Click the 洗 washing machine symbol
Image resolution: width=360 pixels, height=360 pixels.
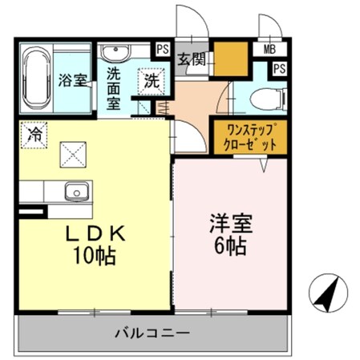(x=151, y=79)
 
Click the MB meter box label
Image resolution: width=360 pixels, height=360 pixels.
(x=269, y=49)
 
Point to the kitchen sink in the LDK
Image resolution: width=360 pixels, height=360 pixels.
(x=76, y=193)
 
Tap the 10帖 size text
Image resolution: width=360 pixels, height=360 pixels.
(x=96, y=257)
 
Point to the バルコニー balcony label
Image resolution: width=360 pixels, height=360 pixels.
(x=151, y=332)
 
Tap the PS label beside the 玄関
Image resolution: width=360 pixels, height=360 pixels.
(x=163, y=49)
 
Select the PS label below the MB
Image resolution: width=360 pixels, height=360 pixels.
(x=278, y=69)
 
